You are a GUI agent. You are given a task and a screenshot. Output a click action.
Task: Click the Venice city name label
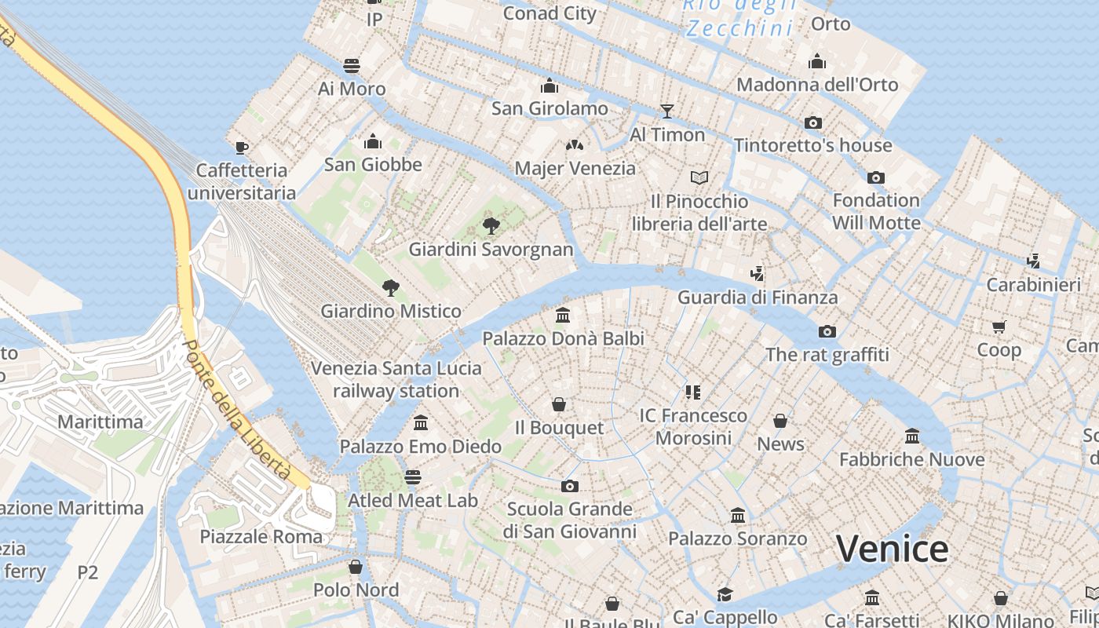[x=892, y=549]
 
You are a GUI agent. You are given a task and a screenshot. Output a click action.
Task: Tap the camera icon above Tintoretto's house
[x=813, y=122]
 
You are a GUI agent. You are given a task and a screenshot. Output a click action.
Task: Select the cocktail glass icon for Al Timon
[x=667, y=111]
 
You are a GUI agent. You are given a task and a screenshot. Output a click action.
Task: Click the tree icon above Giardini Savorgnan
[x=491, y=227]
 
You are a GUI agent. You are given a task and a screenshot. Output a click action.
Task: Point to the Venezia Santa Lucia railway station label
[x=396, y=379]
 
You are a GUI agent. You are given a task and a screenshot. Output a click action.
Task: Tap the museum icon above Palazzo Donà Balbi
[x=563, y=316]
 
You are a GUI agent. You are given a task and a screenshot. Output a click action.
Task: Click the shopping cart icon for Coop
[x=999, y=327]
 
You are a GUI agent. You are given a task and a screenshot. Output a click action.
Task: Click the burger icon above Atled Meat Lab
[x=413, y=477]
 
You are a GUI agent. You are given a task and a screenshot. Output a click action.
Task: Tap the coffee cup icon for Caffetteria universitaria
[x=242, y=148]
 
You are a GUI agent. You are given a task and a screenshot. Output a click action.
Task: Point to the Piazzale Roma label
[x=261, y=537]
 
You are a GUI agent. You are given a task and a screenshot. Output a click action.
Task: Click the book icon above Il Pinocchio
[x=699, y=177]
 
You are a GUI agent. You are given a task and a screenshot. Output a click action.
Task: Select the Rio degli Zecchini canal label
[x=739, y=17]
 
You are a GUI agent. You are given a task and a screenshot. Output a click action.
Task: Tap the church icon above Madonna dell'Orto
[x=817, y=61]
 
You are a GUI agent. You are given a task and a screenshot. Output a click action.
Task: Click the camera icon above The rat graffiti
[x=827, y=331]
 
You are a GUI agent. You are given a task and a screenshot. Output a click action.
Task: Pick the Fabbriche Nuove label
[x=911, y=459]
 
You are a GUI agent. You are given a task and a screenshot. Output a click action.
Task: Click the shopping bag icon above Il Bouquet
[x=559, y=404]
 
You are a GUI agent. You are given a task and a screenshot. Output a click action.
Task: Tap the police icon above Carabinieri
[x=1033, y=261]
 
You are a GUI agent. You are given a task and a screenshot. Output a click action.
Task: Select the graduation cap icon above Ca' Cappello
[x=724, y=594]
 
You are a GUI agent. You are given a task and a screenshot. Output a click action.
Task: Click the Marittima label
[x=100, y=422]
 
